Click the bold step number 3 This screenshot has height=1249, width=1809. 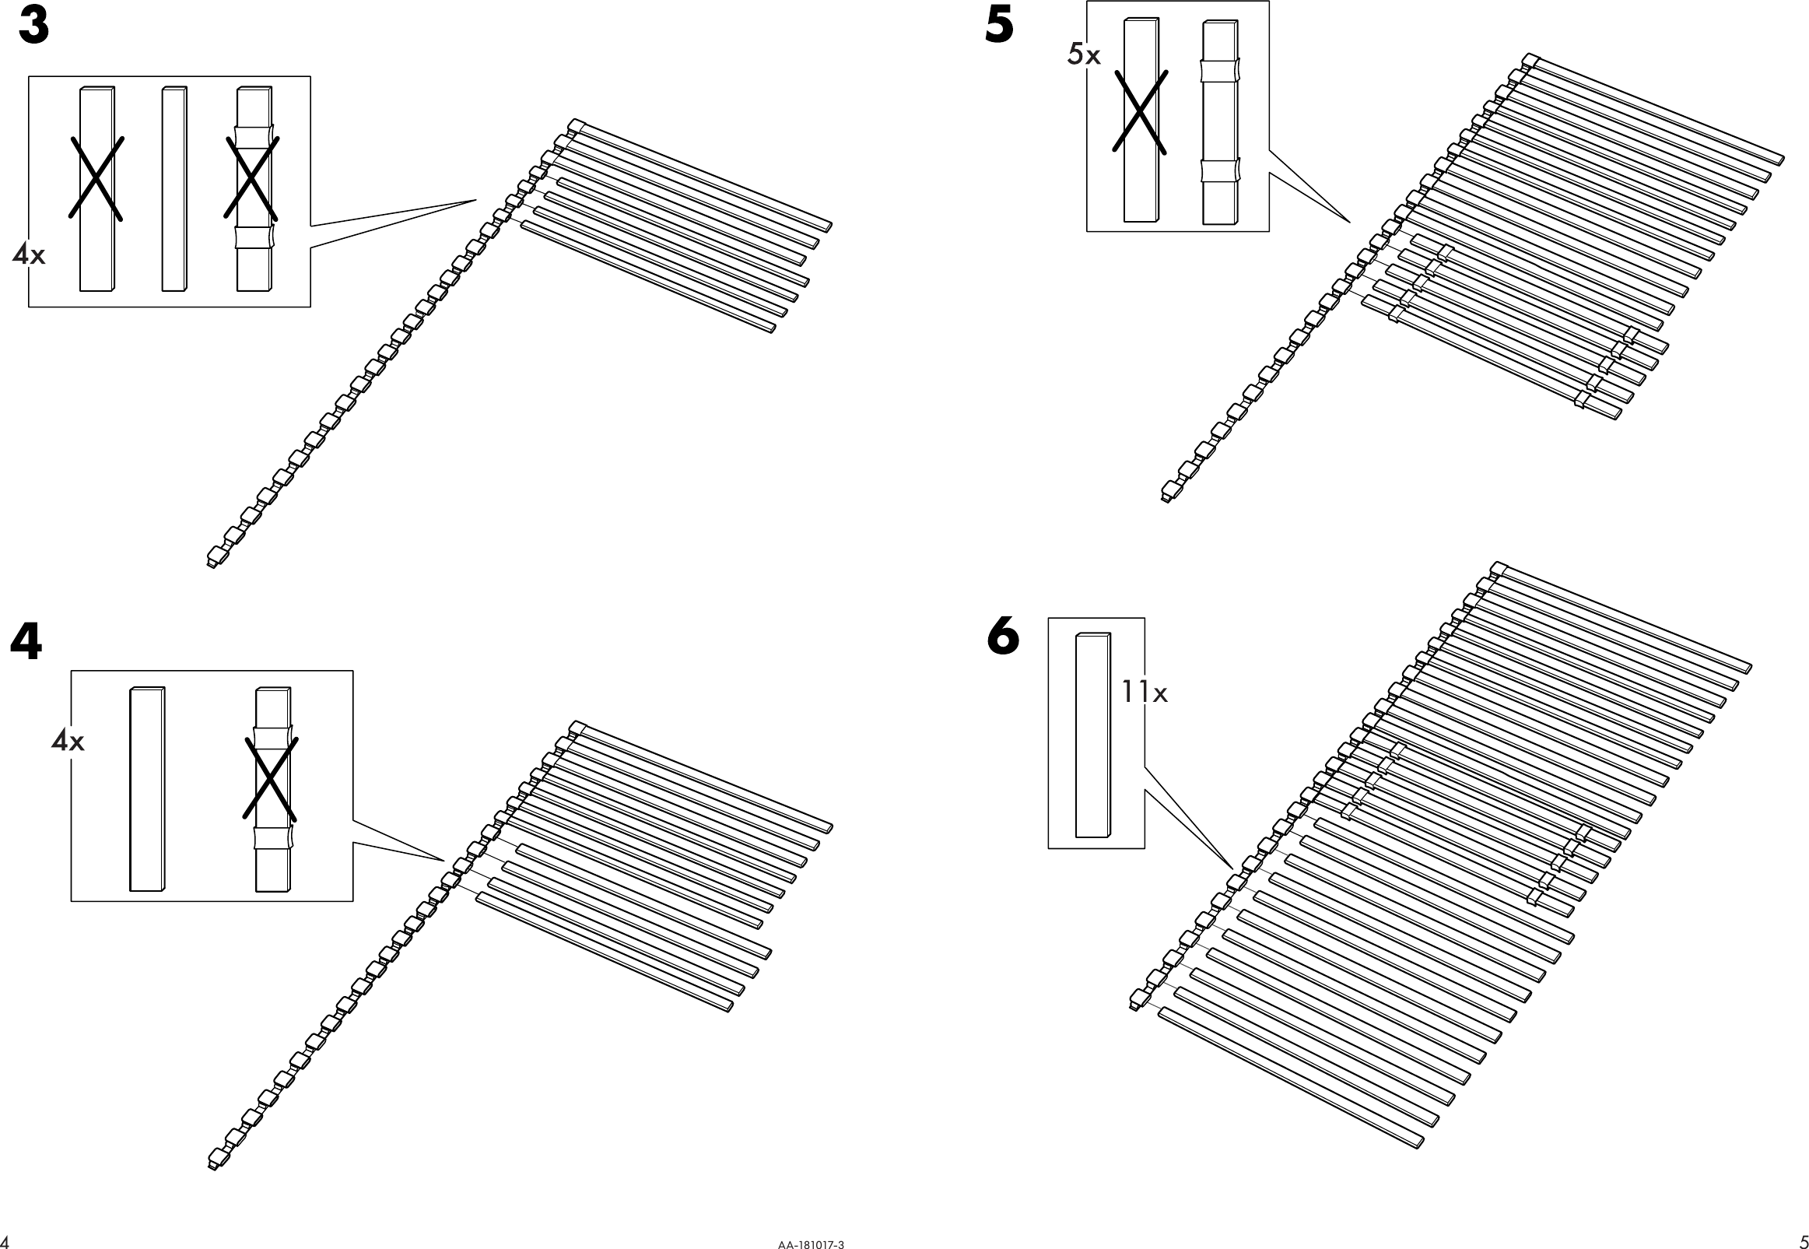pyautogui.click(x=34, y=27)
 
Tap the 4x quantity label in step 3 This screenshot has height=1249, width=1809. pyautogui.click(x=29, y=254)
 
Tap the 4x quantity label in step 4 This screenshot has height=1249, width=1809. pyautogui.click(x=67, y=740)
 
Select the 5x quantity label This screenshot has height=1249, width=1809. pyautogui.click(x=1084, y=54)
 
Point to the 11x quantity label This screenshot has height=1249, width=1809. pyautogui.click(x=1144, y=693)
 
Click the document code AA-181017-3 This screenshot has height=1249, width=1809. pyautogui.click(x=811, y=1244)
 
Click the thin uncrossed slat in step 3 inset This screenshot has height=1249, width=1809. pyautogui.click(x=174, y=188)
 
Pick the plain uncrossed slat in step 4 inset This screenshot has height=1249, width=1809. pyautogui.click(x=147, y=789)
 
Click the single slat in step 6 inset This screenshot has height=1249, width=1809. pyautogui.click(x=1092, y=735)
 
